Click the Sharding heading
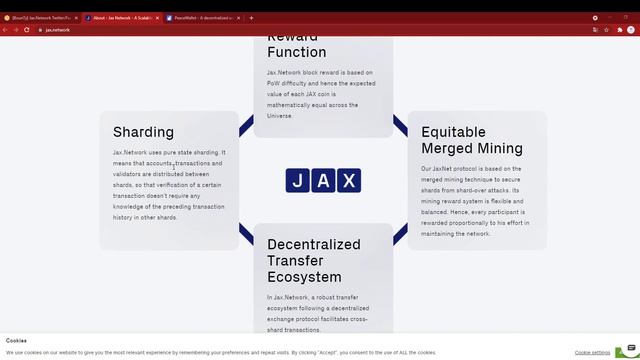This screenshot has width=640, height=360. click(143, 132)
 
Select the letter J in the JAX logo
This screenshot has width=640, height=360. click(298, 181)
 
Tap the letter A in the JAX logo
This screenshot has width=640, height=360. click(323, 181)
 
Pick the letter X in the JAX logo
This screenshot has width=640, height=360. click(348, 181)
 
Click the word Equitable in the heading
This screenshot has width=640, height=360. click(453, 132)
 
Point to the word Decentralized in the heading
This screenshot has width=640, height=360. click(313, 244)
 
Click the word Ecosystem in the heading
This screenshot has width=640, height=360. click(304, 277)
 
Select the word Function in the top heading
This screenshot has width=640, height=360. click(296, 52)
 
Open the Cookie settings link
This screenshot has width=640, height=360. click(592, 352)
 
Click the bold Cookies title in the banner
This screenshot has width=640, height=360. click(16, 341)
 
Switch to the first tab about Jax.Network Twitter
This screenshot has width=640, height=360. click(40, 18)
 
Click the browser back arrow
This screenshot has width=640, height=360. click(5, 30)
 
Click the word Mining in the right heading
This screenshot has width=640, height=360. click(499, 148)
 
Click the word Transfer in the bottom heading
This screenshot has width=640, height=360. click(296, 261)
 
